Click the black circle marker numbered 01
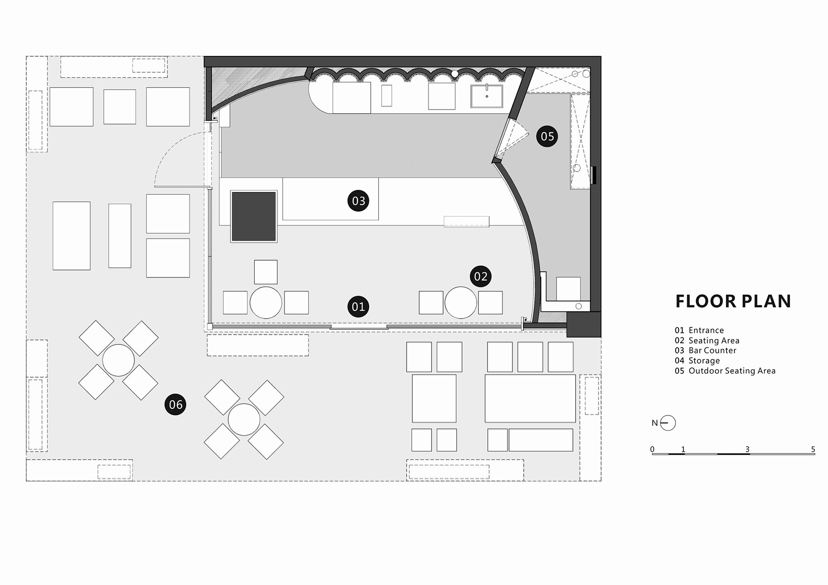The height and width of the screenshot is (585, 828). [x=358, y=306]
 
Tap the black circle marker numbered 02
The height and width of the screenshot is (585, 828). [x=481, y=276]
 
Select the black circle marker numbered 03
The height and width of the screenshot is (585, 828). [x=358, y=201]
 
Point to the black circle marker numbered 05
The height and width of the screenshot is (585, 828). [x=547, y=136]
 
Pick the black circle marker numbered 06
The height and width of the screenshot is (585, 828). [x=175, y=404]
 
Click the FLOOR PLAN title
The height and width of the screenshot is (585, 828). [x=733, y=302]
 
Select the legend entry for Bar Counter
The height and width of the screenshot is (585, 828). [x=705, y=350]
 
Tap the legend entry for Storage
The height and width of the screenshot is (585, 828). [x=697, y=360]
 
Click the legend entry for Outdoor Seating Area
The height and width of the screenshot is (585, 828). [x=725, y=371]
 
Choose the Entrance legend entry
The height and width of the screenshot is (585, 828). [x=699, y=330]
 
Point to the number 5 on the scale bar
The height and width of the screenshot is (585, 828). [x=813, y=449]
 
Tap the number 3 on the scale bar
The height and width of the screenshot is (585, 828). [x=748, y=449]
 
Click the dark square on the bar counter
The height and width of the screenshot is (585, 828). [x=254, y=216]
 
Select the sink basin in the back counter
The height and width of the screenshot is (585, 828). [x=487, y=96]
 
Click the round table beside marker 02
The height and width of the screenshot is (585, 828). [x=461, y=302]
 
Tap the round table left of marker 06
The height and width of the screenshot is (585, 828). [x=118, y=360]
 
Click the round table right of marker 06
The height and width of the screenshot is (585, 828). [x=244, y=420]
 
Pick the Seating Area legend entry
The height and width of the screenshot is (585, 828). [x=707, y=340]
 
